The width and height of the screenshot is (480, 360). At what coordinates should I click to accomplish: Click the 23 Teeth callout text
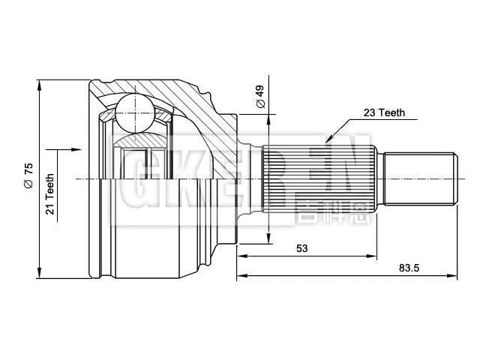point(384,113)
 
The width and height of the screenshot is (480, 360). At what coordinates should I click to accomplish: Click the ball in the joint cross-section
point(135,111)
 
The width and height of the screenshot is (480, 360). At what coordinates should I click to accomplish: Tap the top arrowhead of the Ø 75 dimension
point(37,83)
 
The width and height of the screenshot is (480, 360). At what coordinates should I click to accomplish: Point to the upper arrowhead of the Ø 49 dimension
point(268,119)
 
